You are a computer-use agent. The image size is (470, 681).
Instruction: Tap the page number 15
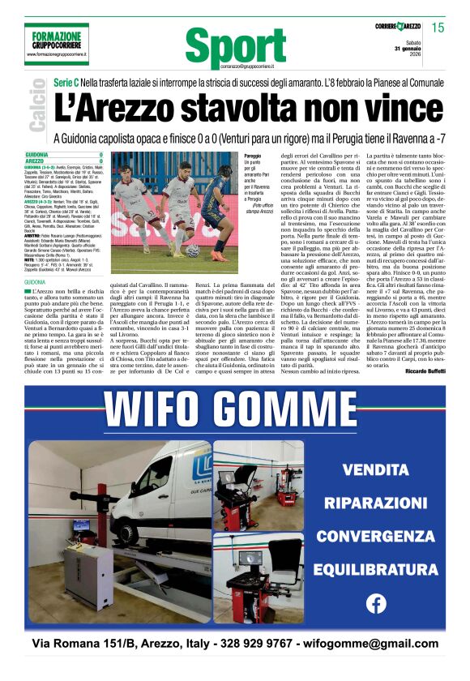point(438,28)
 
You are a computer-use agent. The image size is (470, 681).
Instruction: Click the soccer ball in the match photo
point(192,250)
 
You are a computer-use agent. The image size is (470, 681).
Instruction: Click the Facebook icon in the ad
point(376,603)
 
